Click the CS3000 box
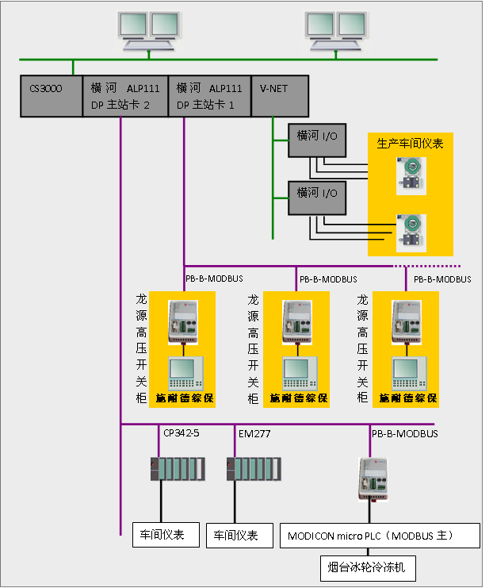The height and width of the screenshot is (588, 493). pyautogui.click(x=51, y=96)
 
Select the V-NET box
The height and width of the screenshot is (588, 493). pyautogui.click(x=279, y=96)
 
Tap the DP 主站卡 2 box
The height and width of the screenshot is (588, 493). pyautogui.click(x=125, y=96)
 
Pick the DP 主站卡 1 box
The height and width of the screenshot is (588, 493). pyautogui.click(x=209, y=96)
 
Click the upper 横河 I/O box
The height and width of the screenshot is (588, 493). pyautogui.click(x=317, y=136)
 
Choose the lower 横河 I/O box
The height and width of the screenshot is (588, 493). pyautogui.click(x=317, y=193)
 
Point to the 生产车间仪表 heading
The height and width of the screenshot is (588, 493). pyautogui.click(x=410, y=144)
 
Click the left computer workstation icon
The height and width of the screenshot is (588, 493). pyautogui.click(x=147, y=32)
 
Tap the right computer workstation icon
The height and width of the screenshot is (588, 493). pyautogui.click(x=336, y=32)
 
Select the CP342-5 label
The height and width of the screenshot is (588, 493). pyautogui.click(x=182, y=433)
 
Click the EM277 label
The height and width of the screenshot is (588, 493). pyautogui.click(x=254, y=433)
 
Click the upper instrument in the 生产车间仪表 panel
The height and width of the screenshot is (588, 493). pyautogui.click(x=411, y=175)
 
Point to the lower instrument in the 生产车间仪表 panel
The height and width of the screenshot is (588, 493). pyautogui.click(x=411, y=231)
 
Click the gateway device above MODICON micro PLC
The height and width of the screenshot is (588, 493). pyautogui.click(x=373, y=478)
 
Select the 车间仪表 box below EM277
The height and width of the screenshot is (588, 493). pyautogui.click(x=237, y=536)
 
